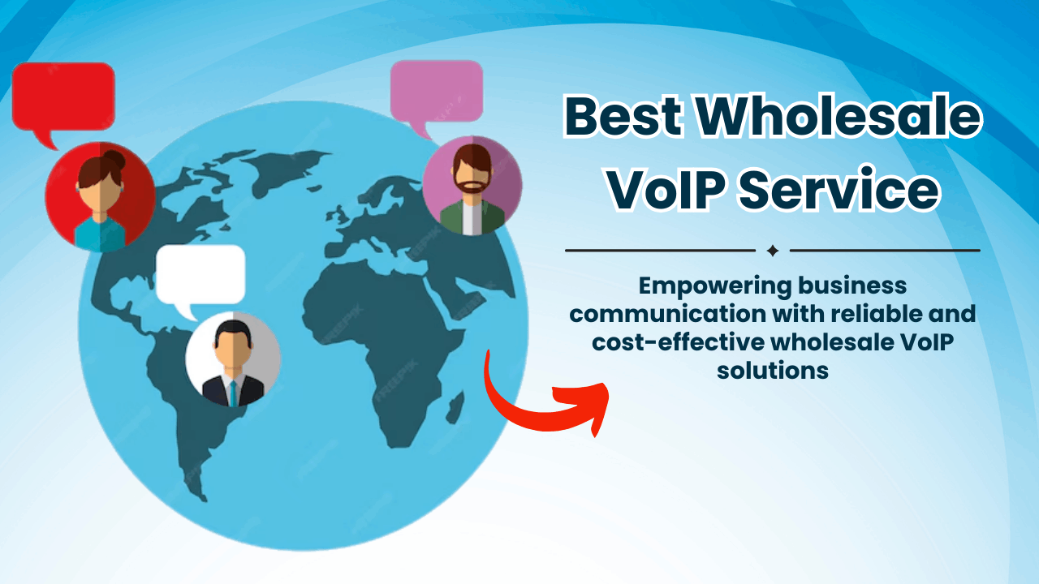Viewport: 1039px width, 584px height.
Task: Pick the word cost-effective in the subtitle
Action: pos(678,342)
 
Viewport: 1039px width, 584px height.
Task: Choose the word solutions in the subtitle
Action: pos(773,371)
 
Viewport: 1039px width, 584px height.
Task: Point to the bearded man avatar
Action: pos(472,186)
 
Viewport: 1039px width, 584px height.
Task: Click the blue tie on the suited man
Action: pos(233,393)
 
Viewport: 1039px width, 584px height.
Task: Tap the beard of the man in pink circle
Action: pos(472,186)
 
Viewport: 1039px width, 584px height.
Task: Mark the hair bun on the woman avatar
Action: pos(113,157)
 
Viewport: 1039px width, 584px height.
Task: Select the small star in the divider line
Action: pos(773,251)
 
